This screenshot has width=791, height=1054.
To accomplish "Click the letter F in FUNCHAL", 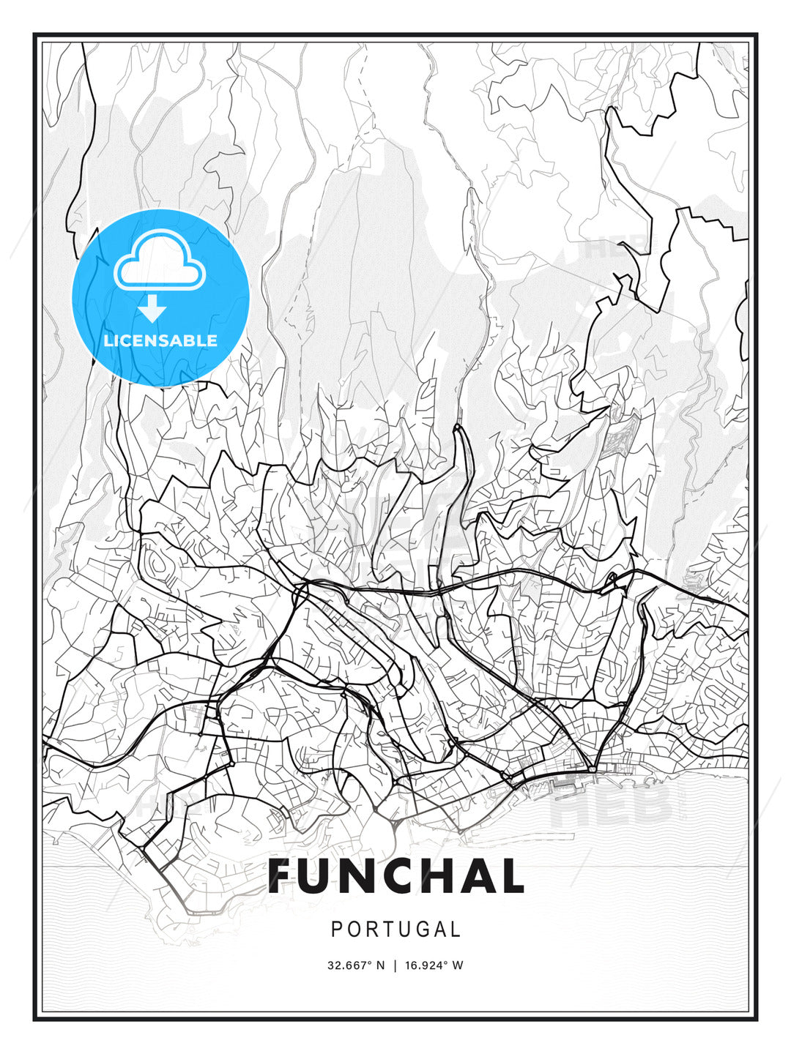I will click(281, 877).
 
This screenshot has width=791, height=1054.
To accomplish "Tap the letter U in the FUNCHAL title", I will click(316, 877).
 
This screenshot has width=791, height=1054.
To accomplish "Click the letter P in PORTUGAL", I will click(337, 930).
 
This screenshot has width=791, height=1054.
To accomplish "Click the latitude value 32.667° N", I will click(355, 965).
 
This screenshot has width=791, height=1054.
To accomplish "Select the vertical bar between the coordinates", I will click(395, 965).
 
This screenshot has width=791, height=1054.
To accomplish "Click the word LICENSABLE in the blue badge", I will click(160, 340).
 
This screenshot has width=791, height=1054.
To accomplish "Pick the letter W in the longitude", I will click(458, 965).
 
